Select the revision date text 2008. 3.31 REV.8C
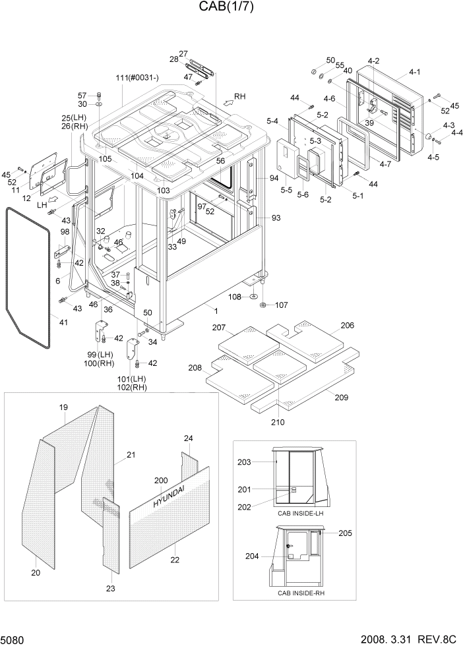(x=408, y=640)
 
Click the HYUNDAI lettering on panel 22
(x=170, y=494)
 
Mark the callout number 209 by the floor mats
(x=341, y=398)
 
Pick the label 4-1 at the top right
(x=415, y=71)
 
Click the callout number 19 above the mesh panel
(x=64, y=407)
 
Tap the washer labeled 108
(x=253, y=298)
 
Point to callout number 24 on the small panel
(x=188, y=438)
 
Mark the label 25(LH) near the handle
(x=74, y=117)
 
